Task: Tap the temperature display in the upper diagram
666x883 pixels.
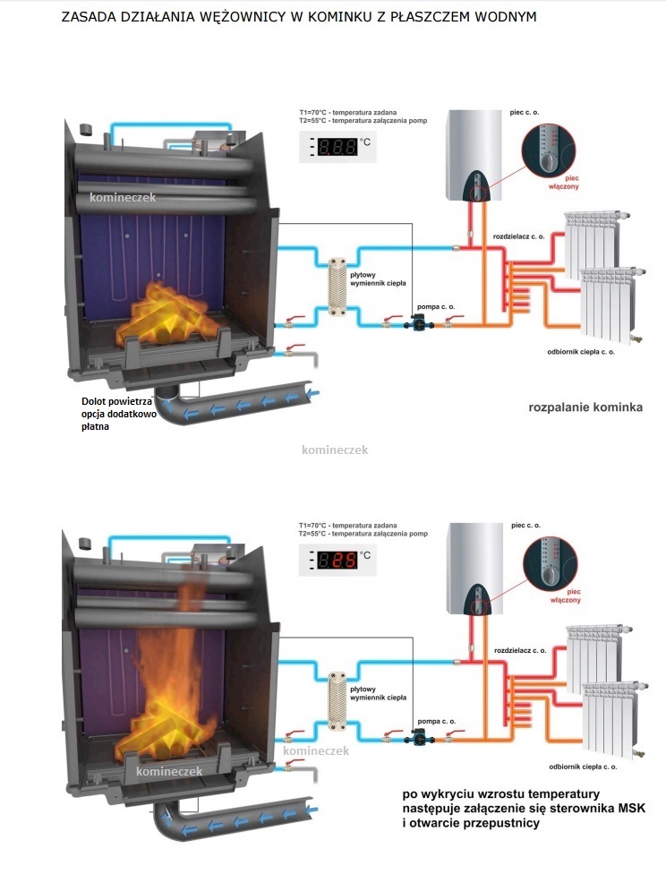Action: click(337, 146)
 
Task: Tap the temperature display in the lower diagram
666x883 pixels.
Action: click(337, 561)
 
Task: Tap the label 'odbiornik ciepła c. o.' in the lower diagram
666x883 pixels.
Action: click(583, 767)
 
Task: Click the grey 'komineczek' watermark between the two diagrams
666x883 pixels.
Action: click(335, 450)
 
